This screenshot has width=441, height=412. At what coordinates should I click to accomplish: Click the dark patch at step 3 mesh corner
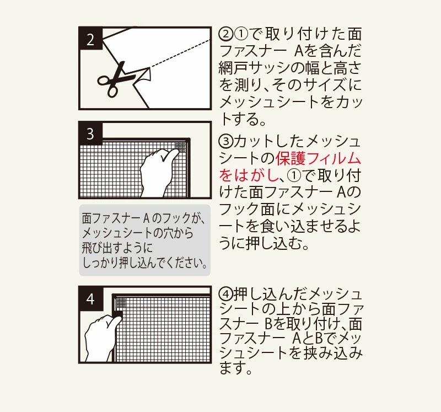coord(180,147)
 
